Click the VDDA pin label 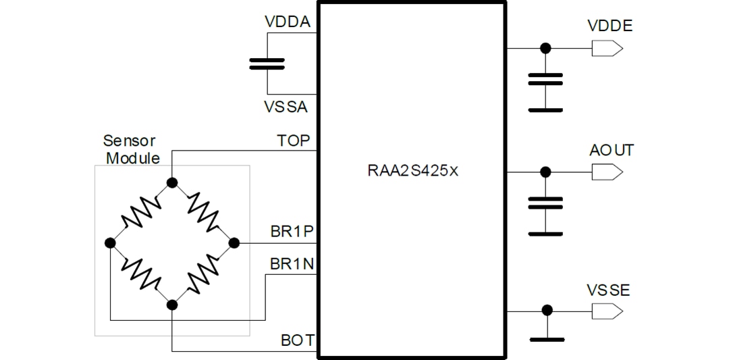[x=288, y=22]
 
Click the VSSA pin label [x=287, y=107]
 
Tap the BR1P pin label [x=292, y=232]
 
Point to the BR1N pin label [x=292, y=263]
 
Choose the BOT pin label [x=297, y=340]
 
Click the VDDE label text [x=610, y=26]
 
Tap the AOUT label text [x=611, y=150]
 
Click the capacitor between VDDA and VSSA [x=267, y=63]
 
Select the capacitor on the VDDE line [x=545, y=79]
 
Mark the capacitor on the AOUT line [x=545, y=203]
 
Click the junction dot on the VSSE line [x=547, y=310]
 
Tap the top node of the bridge [x=172, y=182]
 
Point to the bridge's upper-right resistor [x=203, y=211]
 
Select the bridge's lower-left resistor [x=141, y=274]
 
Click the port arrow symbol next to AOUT [x=606, y=172]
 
